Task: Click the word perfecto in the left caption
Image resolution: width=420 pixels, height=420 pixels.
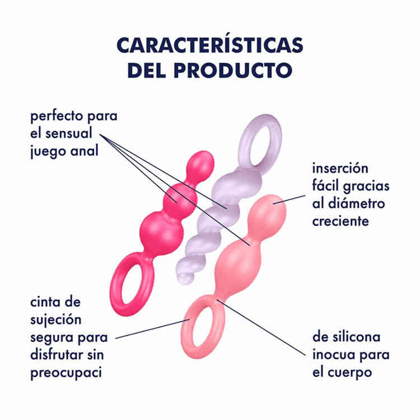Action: pyautogui.click(x=54, y=119)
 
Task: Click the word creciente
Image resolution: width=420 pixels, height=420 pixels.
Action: pyautogui.click(x=340, y=221)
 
